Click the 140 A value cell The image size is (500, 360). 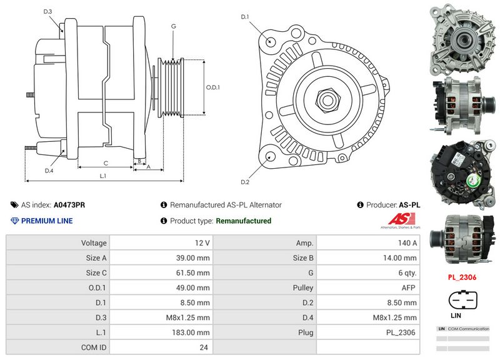pos(369,242)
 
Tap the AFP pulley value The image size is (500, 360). pos(369,287)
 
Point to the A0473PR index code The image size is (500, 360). pos(69,204)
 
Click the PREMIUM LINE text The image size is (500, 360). pos(47,221)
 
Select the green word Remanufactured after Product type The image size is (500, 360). pos(243,221)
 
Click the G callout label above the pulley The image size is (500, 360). pos(173,26)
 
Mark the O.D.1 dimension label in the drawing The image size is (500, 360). pos(213,87)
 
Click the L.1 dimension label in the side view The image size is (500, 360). pos(103,176)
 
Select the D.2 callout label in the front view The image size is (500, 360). pos(245,182)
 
